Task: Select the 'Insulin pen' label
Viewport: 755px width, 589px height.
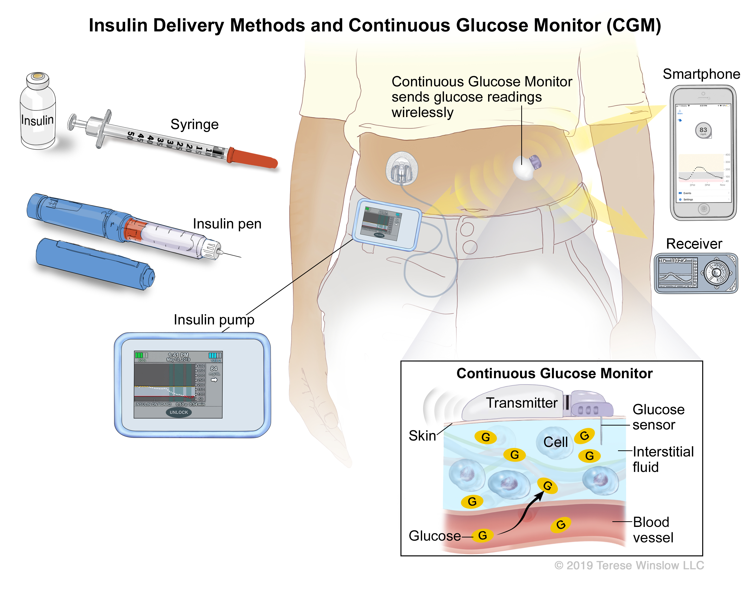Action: (227, 224)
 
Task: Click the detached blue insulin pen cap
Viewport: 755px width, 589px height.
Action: (95, 264)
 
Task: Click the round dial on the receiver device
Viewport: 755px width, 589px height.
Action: (716, 273)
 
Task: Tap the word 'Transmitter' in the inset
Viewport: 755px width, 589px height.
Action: (522, 403)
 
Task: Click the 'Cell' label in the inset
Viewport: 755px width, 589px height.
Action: (556, 442)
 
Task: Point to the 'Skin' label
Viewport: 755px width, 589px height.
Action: (422, 436)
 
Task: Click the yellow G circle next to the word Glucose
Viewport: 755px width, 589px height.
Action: (483, 535)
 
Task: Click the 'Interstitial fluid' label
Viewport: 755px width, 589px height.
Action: (663, 459)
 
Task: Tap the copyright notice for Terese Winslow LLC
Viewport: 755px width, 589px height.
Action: (629, 565)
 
